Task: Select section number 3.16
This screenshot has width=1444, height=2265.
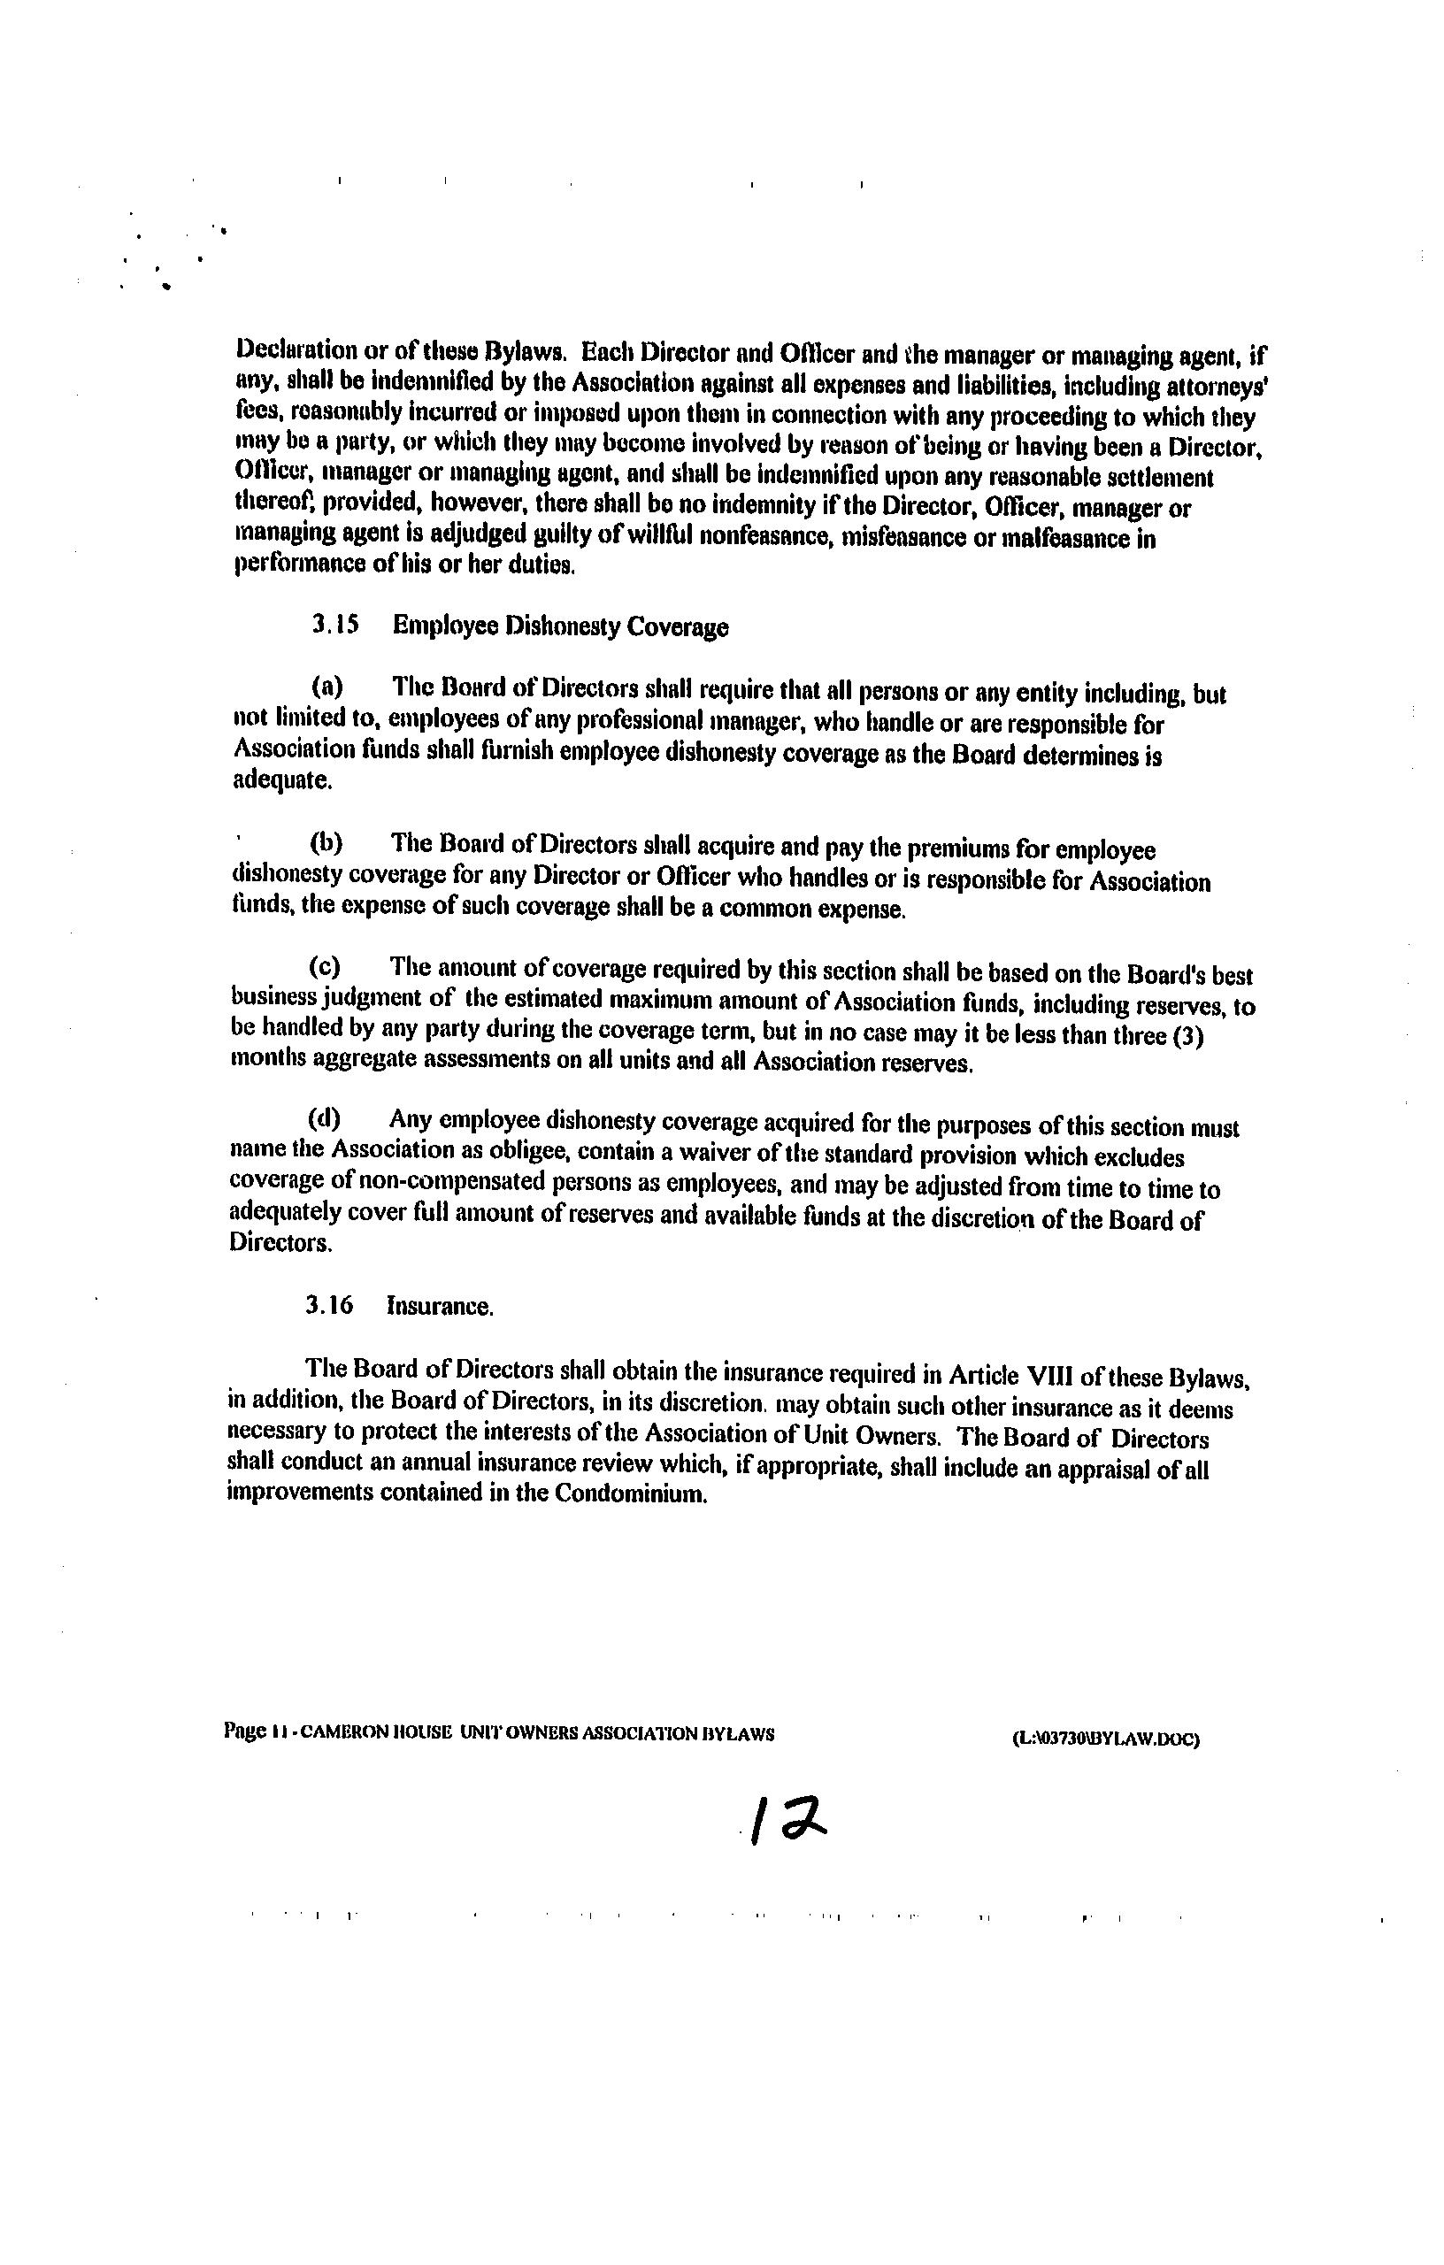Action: (x=329, y=1306)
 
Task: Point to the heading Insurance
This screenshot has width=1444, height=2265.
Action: (x=441, y=1307)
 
